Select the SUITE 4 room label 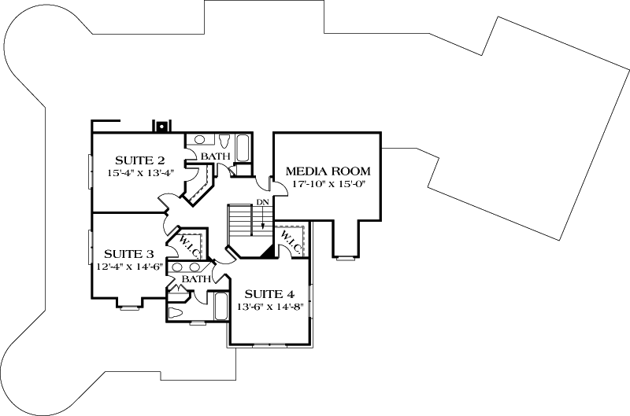click(x=268, y=295)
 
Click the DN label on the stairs click(x=262, y=204)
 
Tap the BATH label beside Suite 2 click(x=215, y=156)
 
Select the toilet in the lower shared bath click(x=177, y=313)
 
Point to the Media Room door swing click(x=268, y=185)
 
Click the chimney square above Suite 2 click(x=161, y=126)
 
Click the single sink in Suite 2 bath click(x=200, y=140)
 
